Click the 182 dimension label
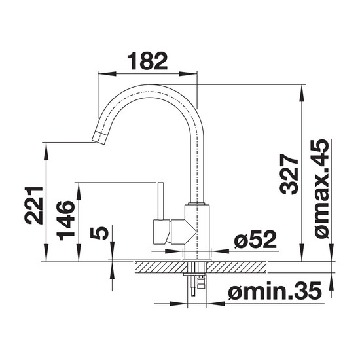click(x=147, y=61)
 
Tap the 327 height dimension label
click(x=289, y=174)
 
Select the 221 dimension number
click(x=34, y=205)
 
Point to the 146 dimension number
click(x=65, y=220)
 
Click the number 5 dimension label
click(x=99, y=232)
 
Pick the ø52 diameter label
click(x=255, y=240)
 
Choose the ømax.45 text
click(x=321, y=189)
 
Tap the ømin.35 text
click(x=275, y=291)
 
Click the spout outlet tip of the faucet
click(x=99, y=138)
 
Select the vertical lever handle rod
click(x=160, y=202)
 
